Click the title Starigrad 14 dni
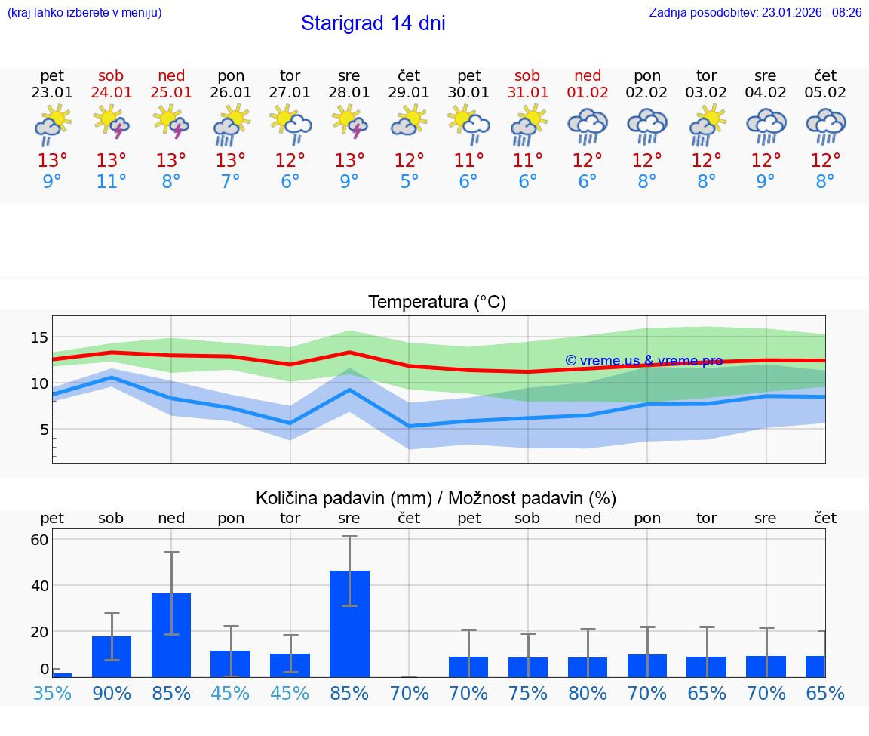[373, 23]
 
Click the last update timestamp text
[755, 13]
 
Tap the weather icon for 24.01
[111, 123]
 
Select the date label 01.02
[588, 93]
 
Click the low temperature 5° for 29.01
[409, 182]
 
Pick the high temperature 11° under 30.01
[468, 161]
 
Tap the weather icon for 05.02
[825, 125]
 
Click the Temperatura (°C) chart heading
[437, 303]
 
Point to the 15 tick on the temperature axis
[39, 337]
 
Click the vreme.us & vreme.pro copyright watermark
[643, 361]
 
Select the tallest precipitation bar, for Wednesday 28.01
[349, 624]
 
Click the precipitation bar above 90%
[112, 657]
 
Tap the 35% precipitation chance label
[52, 693]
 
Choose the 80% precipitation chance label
[588, 693]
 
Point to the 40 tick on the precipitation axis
[39, 585]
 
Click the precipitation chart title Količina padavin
[435, 498]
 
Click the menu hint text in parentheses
[84, 13]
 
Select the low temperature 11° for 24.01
[111, 182]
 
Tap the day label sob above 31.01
[527, 75]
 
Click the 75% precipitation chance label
[528, 693]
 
